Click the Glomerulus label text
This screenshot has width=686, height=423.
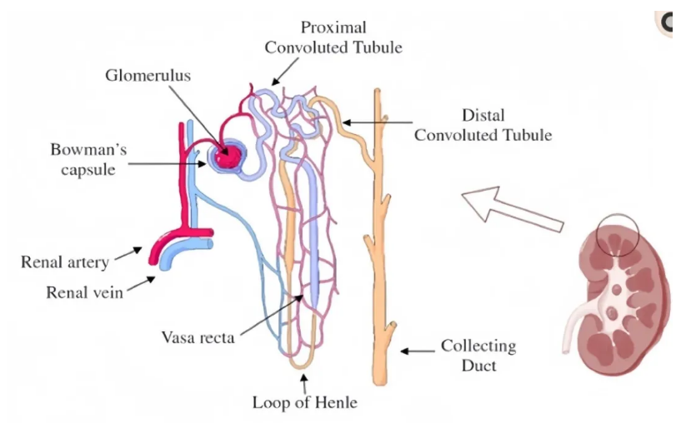148,76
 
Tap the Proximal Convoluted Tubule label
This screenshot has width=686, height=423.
333,37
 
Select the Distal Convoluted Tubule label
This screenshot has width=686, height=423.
483,124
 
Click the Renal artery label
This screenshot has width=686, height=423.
65,262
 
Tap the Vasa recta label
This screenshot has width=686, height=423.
198,337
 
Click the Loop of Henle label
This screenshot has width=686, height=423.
304,403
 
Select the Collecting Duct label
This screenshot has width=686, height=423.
478,354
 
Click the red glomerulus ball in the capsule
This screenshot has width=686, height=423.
226,154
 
